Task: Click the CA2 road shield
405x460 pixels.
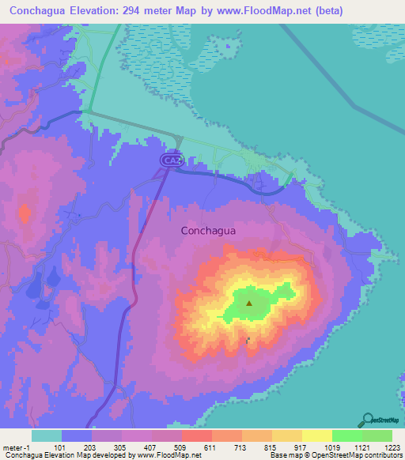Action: [172, 160]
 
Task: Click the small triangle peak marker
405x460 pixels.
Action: [249, 302]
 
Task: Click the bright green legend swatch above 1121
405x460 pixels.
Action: [346, 435]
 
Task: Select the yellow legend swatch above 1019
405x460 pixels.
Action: [316, 435]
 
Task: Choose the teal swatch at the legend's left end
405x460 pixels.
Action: [46, 435]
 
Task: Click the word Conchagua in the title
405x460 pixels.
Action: [41, 12]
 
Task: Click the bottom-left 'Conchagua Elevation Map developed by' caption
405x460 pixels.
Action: [63, 455]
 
